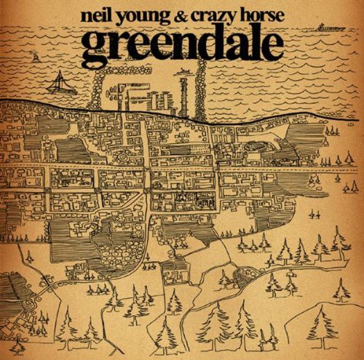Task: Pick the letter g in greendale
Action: pyautogui.click(x=95, y=48)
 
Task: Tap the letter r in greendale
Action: pyautogui.click(x=118, y=47)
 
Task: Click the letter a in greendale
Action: pyautogui.click(x=232, y=47)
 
